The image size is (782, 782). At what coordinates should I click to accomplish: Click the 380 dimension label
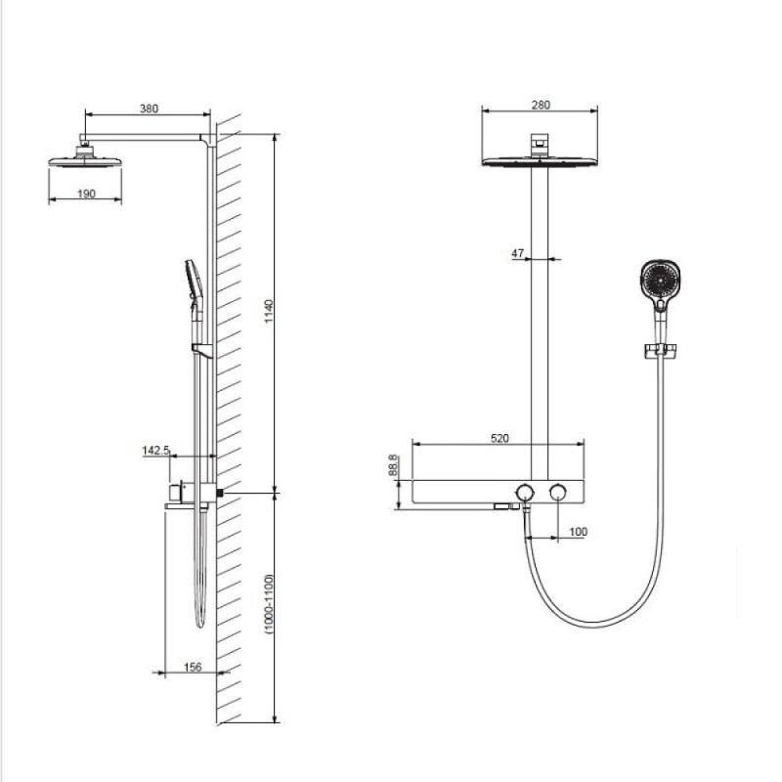pyautogui.click(x=149, y=109)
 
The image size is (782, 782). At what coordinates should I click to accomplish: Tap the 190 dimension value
pyautogui.click(x=86, y=194)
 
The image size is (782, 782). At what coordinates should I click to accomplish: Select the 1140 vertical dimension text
pyautogui.click(x=269, y=311)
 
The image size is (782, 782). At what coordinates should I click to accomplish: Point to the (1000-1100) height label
pyautogui.click(x=270, y=604)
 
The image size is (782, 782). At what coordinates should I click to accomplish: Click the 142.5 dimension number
pyautogui.click(x=155, y=451)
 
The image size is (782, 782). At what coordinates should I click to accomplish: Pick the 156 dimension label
pyautogui.click(x=193, y=667)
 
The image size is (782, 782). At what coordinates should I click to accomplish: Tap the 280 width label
pyautogui.click(x=541, y=105)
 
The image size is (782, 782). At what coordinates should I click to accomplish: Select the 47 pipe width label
pyautogui.click(x=517, y=253)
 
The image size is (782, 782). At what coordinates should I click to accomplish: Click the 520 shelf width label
pyautogui.click(x=500, y=438)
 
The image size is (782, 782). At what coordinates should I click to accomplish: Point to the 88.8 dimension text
pyautogui.click(x=393, y=464)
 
